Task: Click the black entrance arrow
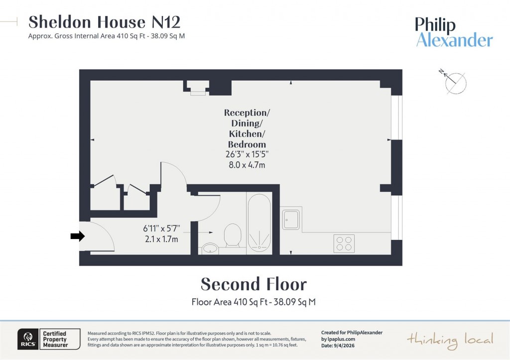point(77,237)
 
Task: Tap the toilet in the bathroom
point(233,235)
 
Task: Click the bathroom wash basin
point(210,247)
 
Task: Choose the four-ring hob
point(344,243)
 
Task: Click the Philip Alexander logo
point(454,32)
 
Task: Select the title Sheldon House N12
point(104,22)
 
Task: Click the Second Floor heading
point(254,284)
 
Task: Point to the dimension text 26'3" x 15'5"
point(245,155)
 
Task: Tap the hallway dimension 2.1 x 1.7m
point(161,239)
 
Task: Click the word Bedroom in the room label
point(245,144)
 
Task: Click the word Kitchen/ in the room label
point(245,133)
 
